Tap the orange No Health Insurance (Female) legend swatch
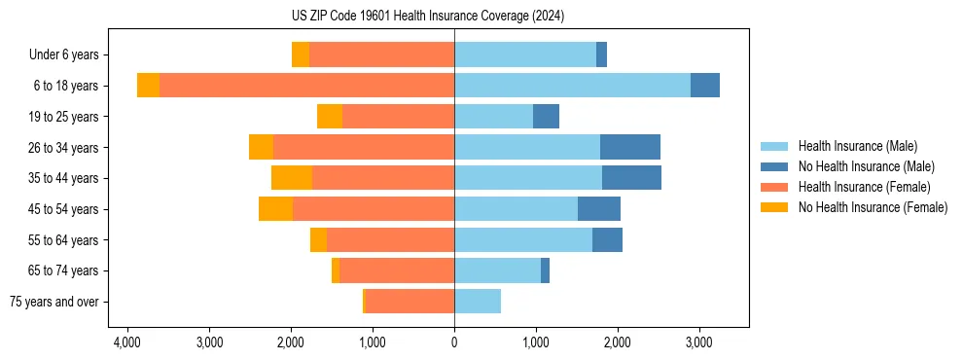[x=774, y=207]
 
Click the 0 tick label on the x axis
[x=454, y=342]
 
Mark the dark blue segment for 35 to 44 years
[x=631, y=178]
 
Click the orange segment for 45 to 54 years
[x=275, y=209]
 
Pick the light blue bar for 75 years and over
[x=478, y=302]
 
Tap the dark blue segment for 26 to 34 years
[x=630, y=147]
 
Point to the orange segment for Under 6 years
[x=301, y=55]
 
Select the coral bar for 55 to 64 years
[x=390, y=239]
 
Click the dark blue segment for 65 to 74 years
[x=545, y=270]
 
